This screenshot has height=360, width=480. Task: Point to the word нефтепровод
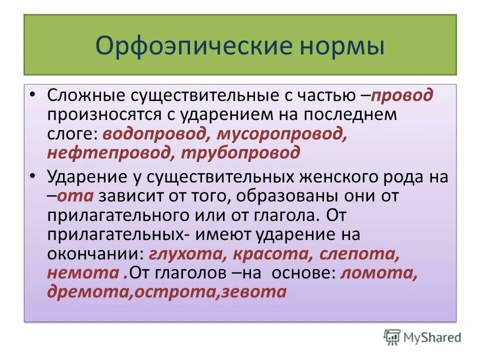point(106,152)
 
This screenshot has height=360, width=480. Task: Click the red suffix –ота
point(75,196)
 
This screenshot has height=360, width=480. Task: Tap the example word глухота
point(184,253)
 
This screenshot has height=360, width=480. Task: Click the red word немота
point(82,272)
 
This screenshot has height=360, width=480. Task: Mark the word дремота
point(87,291)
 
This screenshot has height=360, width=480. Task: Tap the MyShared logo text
point(432,337)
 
